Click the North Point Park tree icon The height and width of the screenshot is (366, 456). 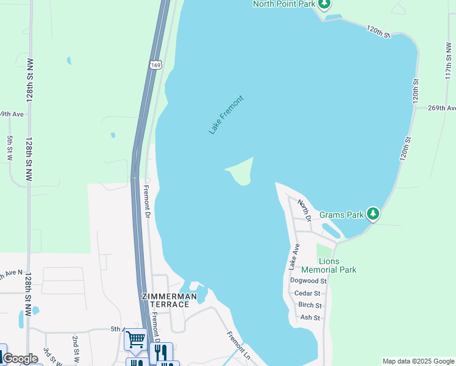pos(324,5)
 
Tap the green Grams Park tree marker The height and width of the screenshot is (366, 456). pos(373,214)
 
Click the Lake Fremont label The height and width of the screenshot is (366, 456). pos(226,115)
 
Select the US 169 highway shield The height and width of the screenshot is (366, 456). pos(156,64)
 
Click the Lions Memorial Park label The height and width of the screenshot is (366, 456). pos(328,265)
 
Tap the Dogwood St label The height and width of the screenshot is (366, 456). pos(308,281)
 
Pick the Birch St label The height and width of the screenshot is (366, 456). pos(310,305)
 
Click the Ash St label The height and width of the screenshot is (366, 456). pos(310,317)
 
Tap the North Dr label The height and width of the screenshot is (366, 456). pos(305,209)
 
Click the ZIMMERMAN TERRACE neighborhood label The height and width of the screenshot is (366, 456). pos(169,300)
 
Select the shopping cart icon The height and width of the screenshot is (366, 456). pos(135,339)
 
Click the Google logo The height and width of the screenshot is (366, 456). pos(21,359)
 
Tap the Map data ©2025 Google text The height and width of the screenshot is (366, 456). pos(418,361)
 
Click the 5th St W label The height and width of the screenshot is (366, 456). pos(10,148)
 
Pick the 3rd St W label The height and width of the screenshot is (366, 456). pos(48,357)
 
